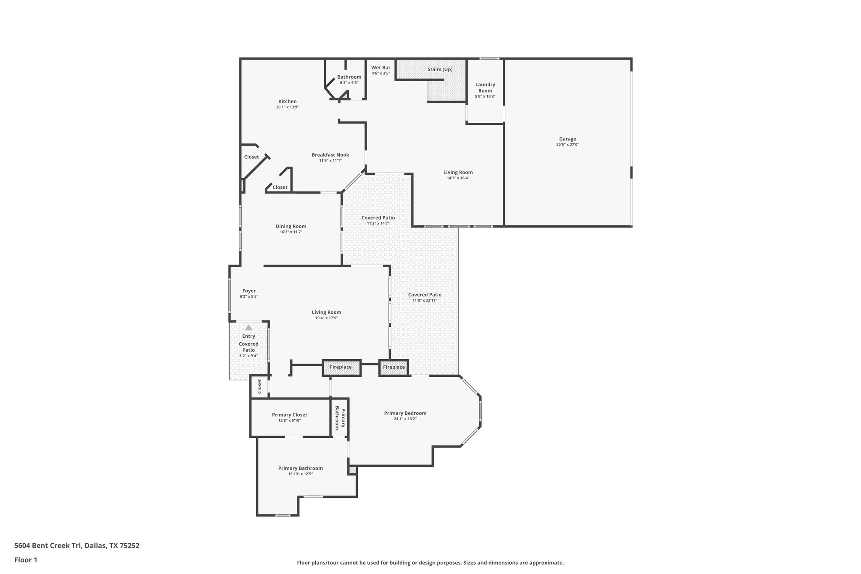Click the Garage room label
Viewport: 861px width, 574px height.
click(567, 139)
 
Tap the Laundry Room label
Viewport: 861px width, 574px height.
click(485, 87)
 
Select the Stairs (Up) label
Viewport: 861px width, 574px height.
click(440, 69)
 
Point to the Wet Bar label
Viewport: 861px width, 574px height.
click(380, 68)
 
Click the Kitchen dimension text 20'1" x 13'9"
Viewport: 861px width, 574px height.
click(288, 107)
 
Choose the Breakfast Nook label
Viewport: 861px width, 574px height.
click(330, 155)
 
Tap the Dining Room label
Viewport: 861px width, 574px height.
click(291, 226)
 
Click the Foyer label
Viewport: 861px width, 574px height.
click(249, 291)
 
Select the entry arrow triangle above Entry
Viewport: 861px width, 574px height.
click(249, 328)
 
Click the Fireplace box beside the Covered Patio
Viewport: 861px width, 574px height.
click(394, 368)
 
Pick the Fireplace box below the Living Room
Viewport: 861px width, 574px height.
click(341, 368)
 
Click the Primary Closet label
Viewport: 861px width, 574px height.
click(289, 415)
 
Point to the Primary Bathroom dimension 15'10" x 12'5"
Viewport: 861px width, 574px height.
click(300, 474)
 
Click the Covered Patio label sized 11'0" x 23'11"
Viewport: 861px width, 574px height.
click(425, 295)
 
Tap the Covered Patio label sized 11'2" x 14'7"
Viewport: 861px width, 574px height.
click(378, 218)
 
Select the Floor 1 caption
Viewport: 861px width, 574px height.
click(26, 560)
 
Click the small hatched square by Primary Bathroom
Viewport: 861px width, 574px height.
click(352, 470)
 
